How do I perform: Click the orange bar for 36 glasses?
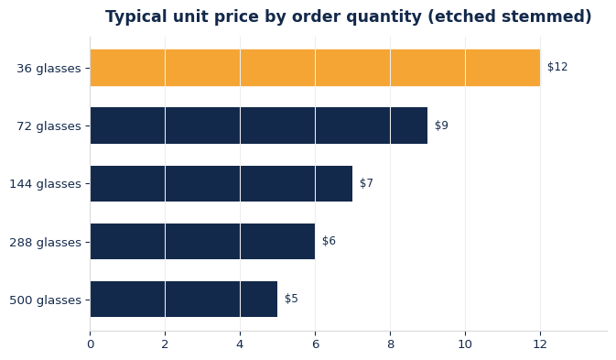(x=315, y=68)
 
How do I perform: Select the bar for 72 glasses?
(x=259, y=125)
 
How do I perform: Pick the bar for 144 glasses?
(x=222, y=183)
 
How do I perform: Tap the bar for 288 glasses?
(x=202, y=241)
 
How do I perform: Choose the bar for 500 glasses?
(x=184, y=299)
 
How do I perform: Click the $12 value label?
(x=557, y=67)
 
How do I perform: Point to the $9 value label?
(x=441, y=125)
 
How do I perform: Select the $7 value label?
(x=366, y=183)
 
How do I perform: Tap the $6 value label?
(x=329, y=241)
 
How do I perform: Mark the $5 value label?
(x=291, y=299)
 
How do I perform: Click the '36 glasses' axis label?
(x=49, y=69)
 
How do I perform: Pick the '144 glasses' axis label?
(x=45, y=184)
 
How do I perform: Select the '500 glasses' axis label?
(x=45, y=300)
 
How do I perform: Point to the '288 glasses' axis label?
(x=45, y=242)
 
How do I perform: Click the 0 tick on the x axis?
(x=91, y=344)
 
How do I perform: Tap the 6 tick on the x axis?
(x=315, y=344)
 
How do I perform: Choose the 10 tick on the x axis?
(x=465, y=344)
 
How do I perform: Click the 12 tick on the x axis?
(x=540, y=344)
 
